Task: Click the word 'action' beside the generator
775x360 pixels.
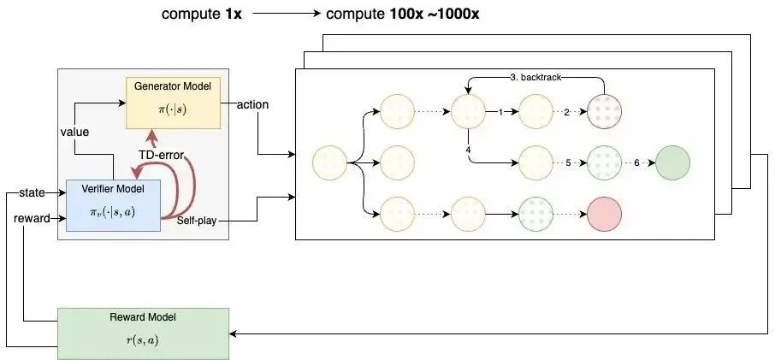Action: coord(250,104)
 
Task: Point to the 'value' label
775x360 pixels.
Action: coord(74,132)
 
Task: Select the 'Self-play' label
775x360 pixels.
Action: coord(196,221)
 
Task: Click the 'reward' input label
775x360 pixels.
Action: coord(32,218)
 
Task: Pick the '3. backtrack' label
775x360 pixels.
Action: coord(535,78)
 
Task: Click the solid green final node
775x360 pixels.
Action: coord(672,162)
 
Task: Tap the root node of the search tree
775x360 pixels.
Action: coord(330,162)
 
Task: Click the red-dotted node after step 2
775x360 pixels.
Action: coord(604,112)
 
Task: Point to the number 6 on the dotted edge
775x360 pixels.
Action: coord(635,162)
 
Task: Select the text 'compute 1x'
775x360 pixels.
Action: coord(202,15)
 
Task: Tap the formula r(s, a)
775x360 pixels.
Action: coord(141,340)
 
